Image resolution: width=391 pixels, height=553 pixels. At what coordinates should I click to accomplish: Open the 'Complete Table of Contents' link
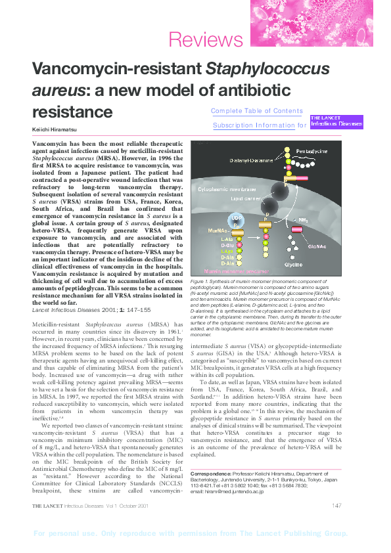(x=257, y=111)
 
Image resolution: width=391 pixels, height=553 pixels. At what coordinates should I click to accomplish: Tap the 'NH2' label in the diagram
(x=304, y=221)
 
